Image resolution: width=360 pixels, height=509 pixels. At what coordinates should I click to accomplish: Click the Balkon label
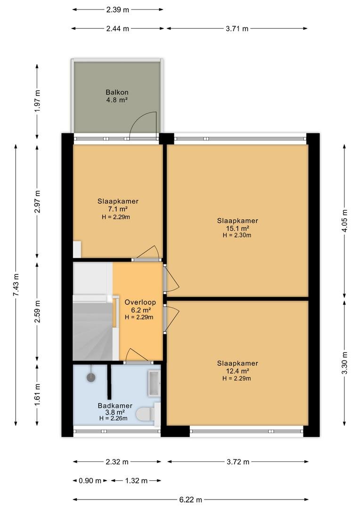click(117, 92)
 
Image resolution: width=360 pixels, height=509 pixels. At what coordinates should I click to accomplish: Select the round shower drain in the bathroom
click(91, 378)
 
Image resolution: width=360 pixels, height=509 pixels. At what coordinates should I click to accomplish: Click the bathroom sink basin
click(154, 383)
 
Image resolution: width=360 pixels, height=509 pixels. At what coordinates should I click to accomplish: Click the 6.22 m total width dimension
click(190, 500)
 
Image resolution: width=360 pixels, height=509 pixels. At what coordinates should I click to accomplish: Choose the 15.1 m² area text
click(237, 228)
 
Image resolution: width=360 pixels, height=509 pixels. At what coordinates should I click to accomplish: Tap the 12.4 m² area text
click(237, 371)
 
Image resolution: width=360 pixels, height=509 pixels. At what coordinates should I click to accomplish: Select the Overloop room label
click(140, 302)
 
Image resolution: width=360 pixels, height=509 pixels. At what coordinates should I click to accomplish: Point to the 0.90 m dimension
click(90, 481)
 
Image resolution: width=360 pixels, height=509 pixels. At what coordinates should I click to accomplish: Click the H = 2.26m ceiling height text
click(113, 419)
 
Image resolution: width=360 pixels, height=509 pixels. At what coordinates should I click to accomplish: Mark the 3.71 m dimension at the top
click(237, 29)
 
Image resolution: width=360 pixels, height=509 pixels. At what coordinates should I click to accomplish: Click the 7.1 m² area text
click(117, 209)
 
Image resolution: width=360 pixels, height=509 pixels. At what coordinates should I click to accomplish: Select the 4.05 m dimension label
click(345, 221)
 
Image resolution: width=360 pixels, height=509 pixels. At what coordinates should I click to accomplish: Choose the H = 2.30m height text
click(237, 235)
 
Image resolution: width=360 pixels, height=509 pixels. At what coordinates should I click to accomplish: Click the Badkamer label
click(115, 406)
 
